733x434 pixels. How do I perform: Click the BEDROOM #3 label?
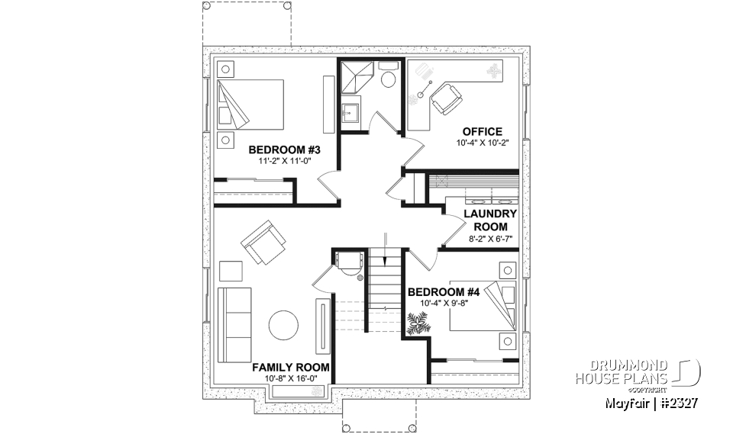pos(284,149)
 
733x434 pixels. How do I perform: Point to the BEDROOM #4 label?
pos(444,292)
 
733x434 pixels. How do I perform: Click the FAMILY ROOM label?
pos(291,367)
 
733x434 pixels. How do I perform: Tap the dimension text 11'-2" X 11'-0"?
pos(284,161)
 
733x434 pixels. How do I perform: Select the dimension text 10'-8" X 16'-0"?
pos(291,378)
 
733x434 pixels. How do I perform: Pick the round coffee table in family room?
pos(284,326)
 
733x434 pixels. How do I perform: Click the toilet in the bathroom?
pos(388,76)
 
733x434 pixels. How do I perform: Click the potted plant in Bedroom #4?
pos(418,326)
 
